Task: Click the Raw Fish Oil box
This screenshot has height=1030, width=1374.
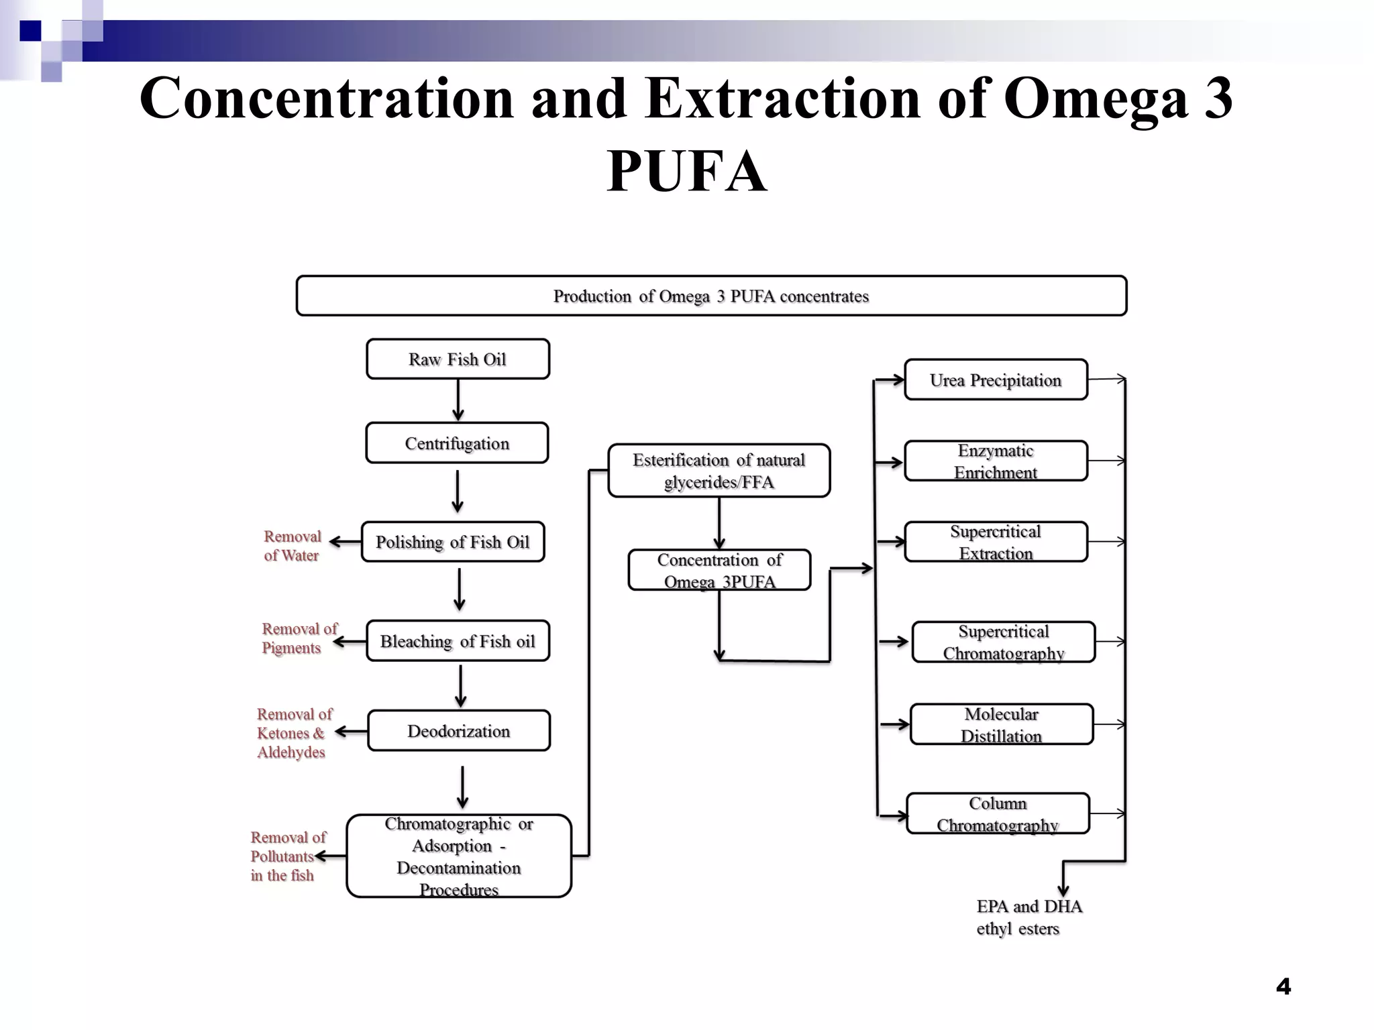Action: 458,359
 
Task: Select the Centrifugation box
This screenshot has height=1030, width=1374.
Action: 457,443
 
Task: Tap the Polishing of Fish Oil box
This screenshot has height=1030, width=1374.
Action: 453,542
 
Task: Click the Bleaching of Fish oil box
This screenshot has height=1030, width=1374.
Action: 458,641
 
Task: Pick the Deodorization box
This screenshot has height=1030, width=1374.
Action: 459,731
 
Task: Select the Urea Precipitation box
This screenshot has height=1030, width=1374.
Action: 996,380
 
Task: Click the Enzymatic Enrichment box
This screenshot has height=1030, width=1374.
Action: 996,461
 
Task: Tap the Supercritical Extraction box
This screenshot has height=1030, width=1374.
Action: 996,542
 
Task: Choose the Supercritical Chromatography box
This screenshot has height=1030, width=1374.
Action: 1004,642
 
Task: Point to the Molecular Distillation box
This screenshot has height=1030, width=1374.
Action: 1001,724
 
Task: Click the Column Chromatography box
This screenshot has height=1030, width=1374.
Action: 998,814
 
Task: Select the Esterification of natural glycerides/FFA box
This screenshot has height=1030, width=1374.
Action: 719,471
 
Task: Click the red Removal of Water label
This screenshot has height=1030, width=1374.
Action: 292,546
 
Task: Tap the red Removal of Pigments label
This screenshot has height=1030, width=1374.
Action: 299,638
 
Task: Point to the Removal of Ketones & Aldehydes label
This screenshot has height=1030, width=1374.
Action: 294,733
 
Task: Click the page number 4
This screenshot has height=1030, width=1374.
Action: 1283,986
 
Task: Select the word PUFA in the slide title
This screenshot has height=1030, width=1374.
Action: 686,172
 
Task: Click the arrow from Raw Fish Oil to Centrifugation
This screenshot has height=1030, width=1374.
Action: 458,400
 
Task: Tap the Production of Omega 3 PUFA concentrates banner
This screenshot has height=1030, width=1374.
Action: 711,296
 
